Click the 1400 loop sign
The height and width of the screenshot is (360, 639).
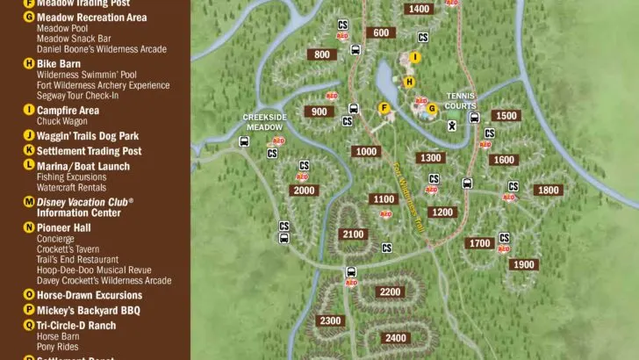(420, 9)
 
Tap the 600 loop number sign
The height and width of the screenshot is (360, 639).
(381, 33)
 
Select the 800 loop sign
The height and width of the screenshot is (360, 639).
(322, 54)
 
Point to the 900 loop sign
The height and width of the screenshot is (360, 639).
(318, 112)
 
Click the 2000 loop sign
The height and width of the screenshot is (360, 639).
(305, 191)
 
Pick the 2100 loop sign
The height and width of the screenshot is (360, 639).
(353, 234)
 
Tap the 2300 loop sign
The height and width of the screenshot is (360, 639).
(330, 320)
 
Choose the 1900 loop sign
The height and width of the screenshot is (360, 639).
(523, 264)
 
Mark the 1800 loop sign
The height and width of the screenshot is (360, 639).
(548, 190)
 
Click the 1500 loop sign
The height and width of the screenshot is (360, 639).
(506, 116)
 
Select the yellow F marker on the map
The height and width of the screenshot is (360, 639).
(383, 108)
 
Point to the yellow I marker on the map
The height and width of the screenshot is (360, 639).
(416, 57)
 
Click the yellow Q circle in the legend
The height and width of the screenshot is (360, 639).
(29, 324)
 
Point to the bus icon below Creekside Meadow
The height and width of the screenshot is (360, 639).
(244, 140)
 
